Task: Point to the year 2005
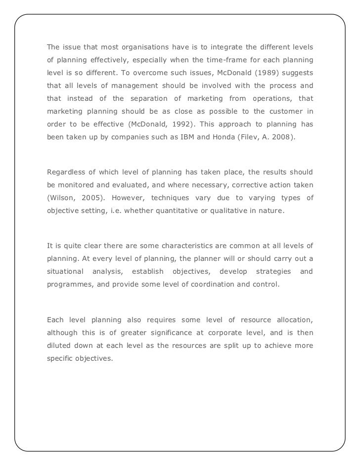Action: tap(93, 198)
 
